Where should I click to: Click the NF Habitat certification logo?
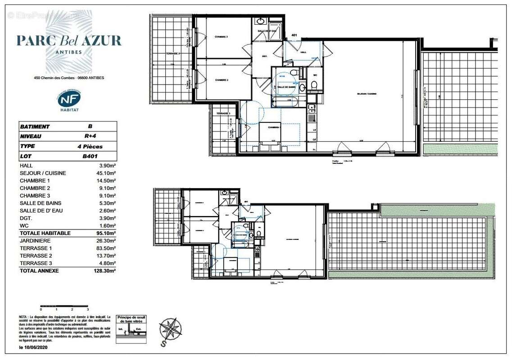click(x=69, y=100)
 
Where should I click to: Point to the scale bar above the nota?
click(x=64, y=306)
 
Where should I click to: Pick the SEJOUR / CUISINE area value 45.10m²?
click(x=107, y=173)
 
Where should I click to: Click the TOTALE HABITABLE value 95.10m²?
click(x=107, y=233)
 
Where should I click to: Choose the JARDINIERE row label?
click(x=35, y=241)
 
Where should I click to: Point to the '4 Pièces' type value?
click(x=90, y=146)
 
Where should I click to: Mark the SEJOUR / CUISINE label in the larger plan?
click(x=366, y=94)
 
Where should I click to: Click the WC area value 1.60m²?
click(x=108, y=225)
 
